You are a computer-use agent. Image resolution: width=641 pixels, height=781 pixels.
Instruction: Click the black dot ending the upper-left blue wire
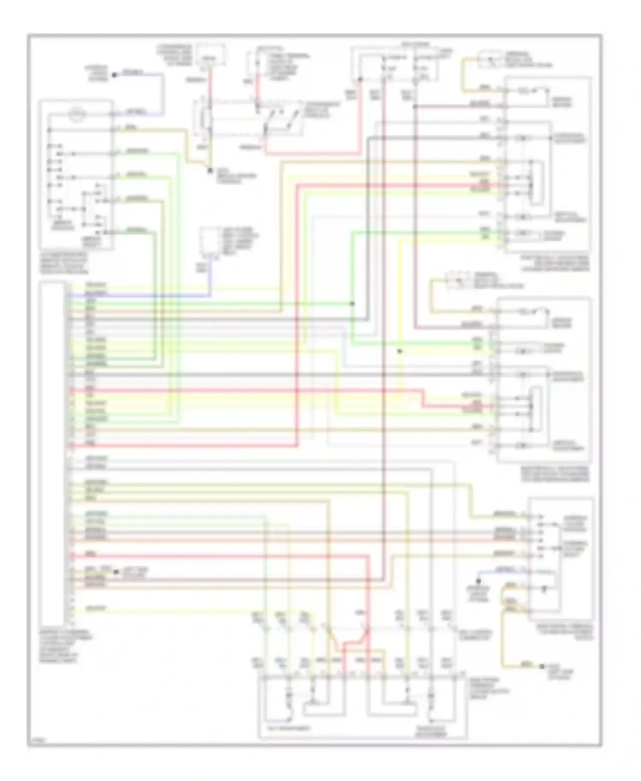[x=114, y=75]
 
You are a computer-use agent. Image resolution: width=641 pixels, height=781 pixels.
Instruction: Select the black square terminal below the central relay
[x=210, y=170]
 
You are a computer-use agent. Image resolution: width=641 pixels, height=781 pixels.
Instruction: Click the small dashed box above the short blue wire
[x=207, y=242]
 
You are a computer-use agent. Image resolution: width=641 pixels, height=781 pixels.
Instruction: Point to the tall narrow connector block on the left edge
[x=52, y=453]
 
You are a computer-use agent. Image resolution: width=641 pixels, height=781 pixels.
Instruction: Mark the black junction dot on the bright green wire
[x=353, y=303]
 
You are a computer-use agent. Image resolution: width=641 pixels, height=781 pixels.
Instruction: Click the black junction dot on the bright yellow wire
[x=400, y=351]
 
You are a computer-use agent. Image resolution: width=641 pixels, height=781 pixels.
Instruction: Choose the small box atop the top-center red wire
[x=209, y=56]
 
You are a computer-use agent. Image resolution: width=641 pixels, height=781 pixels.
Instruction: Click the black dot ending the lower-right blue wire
[x=479, y=581]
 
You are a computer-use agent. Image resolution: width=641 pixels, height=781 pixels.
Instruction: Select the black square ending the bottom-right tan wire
[x=542, y=666]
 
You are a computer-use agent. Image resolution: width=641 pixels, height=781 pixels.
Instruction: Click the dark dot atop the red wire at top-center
[x=360, y=79]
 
